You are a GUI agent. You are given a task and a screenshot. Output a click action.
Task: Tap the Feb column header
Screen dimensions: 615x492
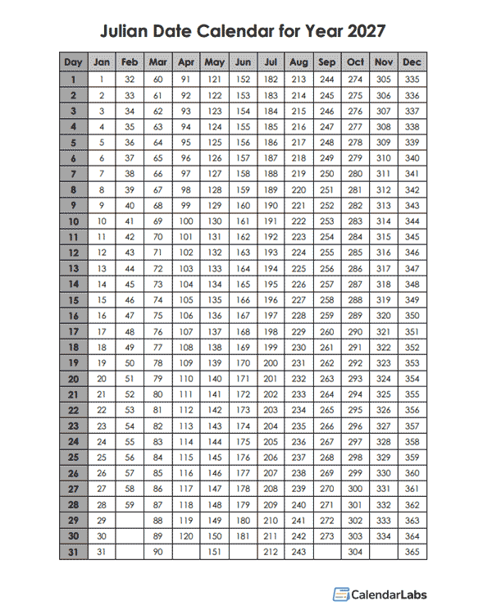[130, 62]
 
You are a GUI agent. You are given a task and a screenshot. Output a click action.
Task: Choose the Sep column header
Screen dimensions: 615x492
[327, 62]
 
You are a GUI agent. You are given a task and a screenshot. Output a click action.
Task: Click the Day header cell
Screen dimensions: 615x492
[73, 62]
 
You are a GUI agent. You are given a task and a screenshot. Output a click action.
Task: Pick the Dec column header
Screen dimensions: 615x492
[412, 62]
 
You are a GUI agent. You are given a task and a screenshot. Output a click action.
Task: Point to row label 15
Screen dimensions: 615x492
[73, 300]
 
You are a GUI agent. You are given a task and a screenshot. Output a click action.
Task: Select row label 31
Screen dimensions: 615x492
[73, 552]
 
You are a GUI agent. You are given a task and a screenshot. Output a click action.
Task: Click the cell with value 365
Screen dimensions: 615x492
[412, 552]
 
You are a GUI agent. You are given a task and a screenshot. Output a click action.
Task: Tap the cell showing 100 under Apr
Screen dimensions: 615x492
[186, 221]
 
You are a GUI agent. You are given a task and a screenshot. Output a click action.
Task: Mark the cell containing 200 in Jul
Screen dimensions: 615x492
[271, 362]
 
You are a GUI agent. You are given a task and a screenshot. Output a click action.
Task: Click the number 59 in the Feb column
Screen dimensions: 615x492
[130, 504]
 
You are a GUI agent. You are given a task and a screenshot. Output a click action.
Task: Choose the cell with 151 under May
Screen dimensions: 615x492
[215, 552]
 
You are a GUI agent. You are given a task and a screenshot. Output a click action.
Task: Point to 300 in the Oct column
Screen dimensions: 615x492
[355, 489]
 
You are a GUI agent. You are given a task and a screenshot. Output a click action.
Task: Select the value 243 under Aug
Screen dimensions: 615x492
[298, 552]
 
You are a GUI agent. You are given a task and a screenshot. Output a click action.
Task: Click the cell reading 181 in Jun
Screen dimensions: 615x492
[243, 536]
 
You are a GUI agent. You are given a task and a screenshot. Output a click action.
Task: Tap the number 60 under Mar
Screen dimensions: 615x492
[158, 80]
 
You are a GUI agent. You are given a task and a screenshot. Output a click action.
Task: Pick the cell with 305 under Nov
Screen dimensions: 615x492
[383, 80]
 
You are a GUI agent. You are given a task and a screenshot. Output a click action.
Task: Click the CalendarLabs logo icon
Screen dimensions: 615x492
[340, 594]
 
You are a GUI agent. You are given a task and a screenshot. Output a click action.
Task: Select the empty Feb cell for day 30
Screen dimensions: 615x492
[130, 536]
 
